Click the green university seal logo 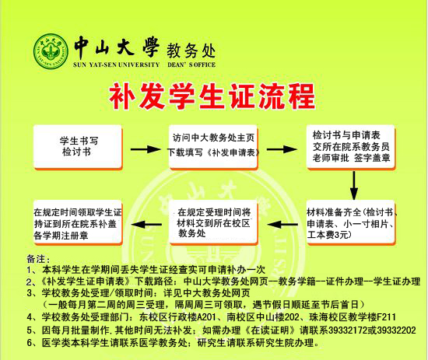51,48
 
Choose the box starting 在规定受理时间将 214,221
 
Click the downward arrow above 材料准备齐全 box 355,184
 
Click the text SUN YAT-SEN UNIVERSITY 117,65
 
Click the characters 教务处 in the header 191,47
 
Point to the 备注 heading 37,256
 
